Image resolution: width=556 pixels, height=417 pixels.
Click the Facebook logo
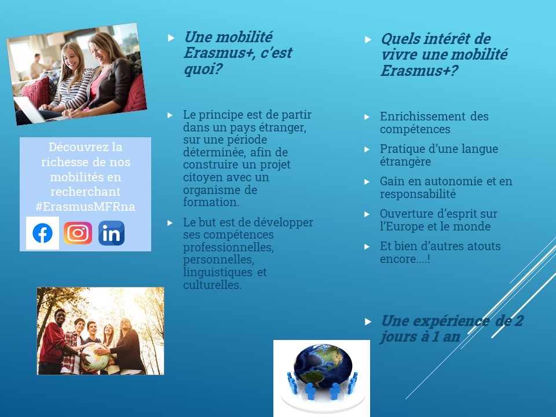(42, 233)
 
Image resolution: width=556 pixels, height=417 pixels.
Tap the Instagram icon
(78, 233)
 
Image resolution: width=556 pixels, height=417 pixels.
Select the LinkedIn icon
(111, 233)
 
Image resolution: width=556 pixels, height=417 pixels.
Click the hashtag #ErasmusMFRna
(85, 206)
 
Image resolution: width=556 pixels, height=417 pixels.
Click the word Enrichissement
(422, 116)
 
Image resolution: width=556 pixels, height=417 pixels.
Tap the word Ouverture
(404, 214)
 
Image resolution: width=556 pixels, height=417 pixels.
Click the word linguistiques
(218, 272)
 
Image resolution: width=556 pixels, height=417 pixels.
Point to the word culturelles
(213, 285)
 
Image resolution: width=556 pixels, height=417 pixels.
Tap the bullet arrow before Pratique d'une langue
(367, 149)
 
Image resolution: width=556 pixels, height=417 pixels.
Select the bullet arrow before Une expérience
(368, 321)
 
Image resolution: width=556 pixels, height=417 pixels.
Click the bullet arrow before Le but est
(170, 223)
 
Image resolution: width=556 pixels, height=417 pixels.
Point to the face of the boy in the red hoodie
(60, 317)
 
